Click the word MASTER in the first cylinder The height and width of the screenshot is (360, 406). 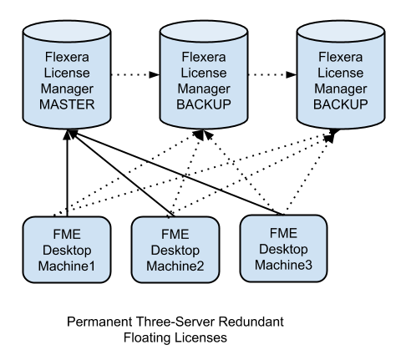67,104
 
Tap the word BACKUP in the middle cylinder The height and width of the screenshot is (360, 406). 204,104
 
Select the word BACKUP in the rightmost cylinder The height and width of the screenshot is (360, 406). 341,104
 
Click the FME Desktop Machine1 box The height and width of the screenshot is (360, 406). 67,250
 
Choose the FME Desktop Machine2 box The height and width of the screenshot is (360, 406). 175,250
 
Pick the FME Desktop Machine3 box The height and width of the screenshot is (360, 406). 283,248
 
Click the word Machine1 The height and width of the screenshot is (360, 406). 67,266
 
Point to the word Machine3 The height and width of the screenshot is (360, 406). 283,265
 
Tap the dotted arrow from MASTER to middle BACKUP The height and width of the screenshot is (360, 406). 135,74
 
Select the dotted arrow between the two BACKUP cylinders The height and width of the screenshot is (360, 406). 272,74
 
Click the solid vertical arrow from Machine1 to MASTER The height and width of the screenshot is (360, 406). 67,173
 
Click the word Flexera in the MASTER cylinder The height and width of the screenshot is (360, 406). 67,57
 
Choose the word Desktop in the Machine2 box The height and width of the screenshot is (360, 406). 175,251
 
